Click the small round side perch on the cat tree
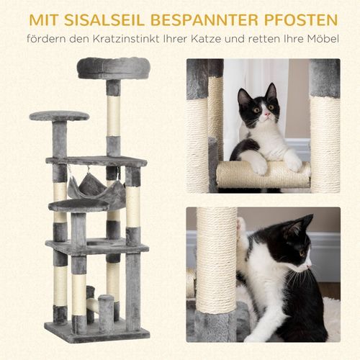click(x=59, y=116)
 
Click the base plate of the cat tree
click(x=97, y=331)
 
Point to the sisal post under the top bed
click(x=113, y=115)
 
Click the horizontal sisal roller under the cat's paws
click(x=263, y=174)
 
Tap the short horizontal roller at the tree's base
click(x=92, y=305)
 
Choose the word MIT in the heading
click(x=43, y=15)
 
